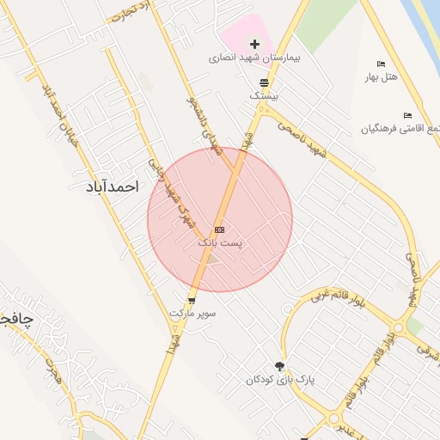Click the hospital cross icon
point(254,44)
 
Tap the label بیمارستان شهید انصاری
point(254,58)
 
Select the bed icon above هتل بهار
point(381,64)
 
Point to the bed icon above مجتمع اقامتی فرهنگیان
point(407,115)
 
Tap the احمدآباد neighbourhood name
point(113,186)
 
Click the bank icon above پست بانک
point(220,229)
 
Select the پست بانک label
point(220,243)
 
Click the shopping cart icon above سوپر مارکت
point(191,300)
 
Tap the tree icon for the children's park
point(279,366)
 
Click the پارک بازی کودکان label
point(277,380)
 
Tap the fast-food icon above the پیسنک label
point(264,82)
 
